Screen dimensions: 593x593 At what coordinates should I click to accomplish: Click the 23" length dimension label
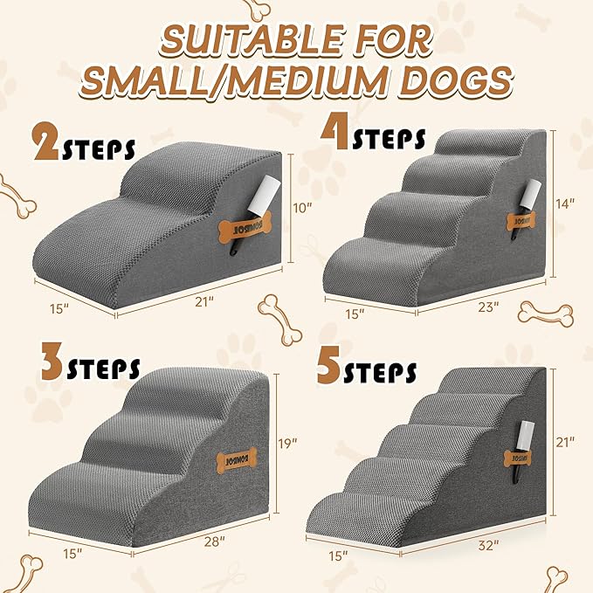click(x=488, y=307)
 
